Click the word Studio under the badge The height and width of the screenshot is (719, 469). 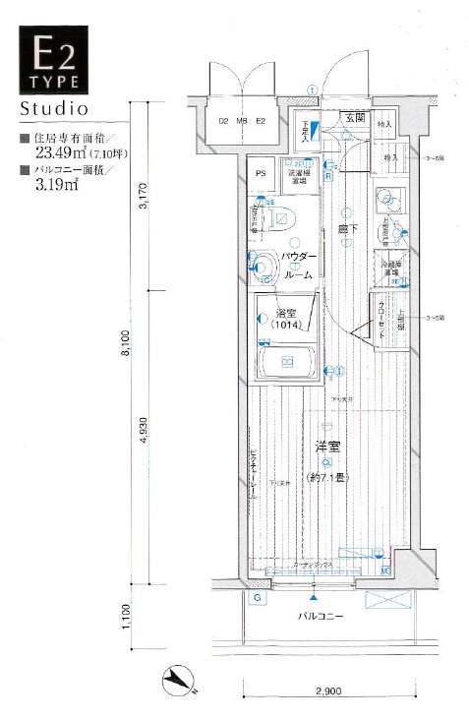click(54, 105)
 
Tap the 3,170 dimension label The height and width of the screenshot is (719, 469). click(145, 197)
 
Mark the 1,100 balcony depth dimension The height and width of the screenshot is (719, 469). click(125, 616)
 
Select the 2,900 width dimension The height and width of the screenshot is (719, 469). click(329, 692)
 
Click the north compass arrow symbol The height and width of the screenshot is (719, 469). click(181, 680)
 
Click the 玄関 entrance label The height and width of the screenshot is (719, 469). click(354, 118)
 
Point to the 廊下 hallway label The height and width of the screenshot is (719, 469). click(346, 228)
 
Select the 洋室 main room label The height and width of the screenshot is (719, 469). click(326, 448)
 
